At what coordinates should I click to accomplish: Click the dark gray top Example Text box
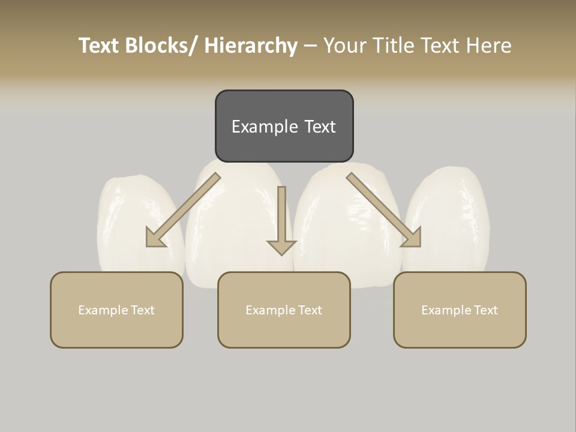click(284, 126)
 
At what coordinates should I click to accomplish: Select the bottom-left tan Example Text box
click(116, 310)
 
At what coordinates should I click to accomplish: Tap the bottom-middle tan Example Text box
click(284, 310)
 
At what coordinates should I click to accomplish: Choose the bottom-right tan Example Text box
click(460, 310)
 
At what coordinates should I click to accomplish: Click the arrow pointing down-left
click(183, 210)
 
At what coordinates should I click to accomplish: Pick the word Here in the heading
click(489, 46)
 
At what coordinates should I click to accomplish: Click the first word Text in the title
click(100, 46)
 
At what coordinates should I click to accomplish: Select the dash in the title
click(310, 46)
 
